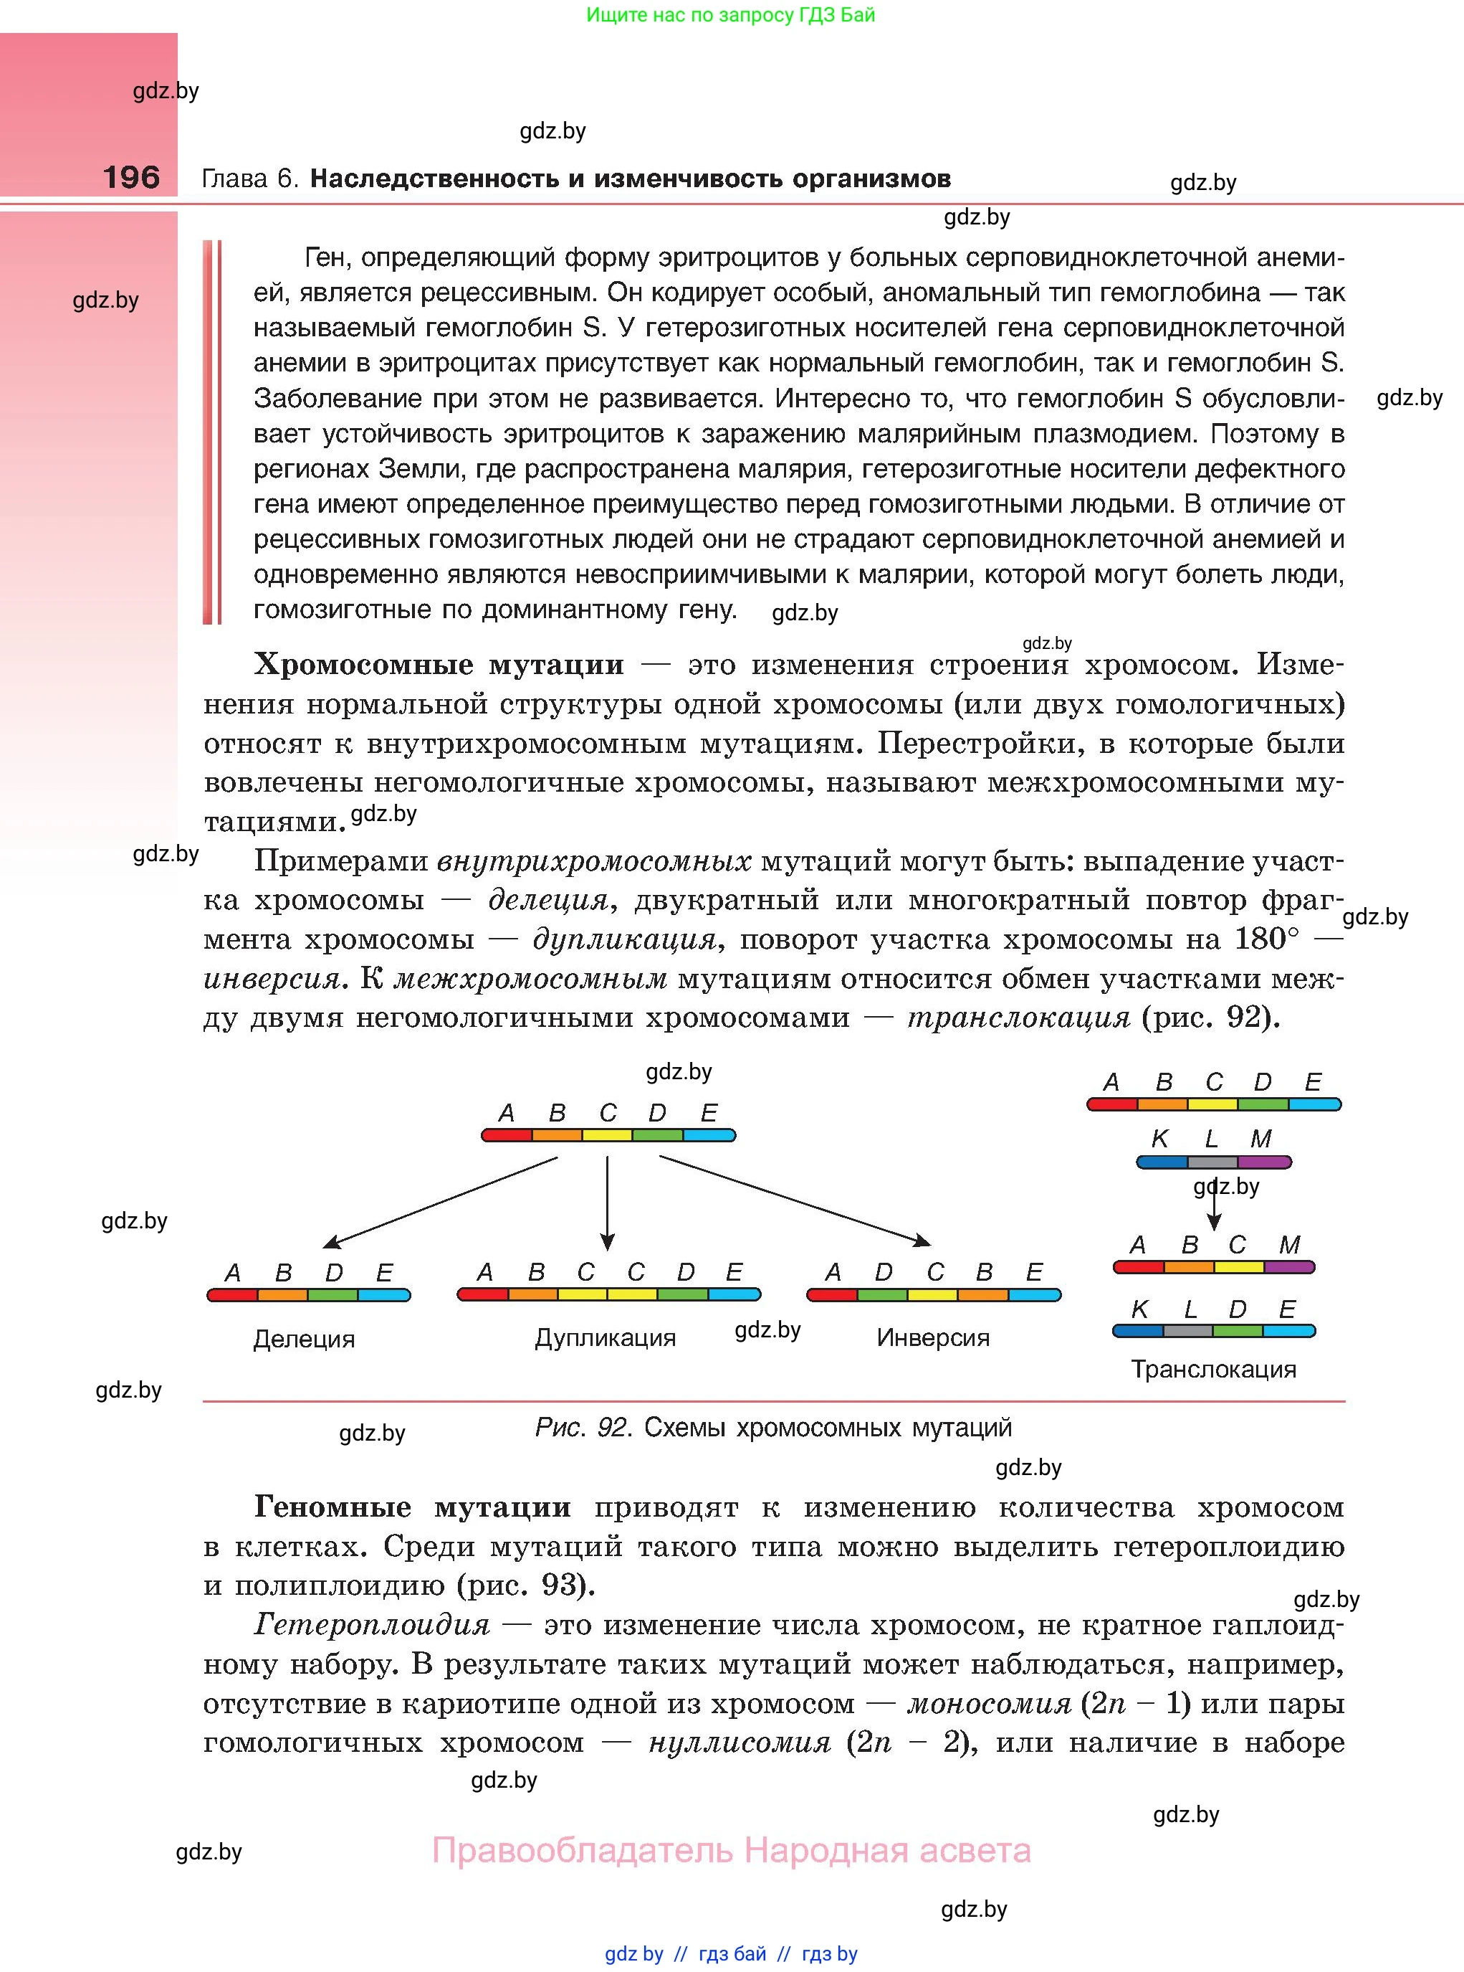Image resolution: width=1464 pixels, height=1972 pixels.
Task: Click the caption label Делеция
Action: tap(303, 1338)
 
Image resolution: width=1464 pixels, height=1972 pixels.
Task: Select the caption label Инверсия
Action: tap(932, 1337)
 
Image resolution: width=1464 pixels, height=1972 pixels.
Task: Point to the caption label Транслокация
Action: tap(1213, 1369)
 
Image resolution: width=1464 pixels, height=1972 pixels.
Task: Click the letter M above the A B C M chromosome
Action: tap(1289, 1245)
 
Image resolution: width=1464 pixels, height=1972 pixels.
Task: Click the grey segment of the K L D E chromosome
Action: tap(1187, 1331)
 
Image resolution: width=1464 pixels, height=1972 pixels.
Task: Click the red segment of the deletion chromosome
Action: tap(232, 1294)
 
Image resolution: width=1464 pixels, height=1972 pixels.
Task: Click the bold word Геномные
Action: tap(332, 1507)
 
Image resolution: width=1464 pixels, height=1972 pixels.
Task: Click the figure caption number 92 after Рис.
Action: tap(613, 1428)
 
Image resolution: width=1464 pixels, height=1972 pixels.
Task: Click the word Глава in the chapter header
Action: tap(235, 179)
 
